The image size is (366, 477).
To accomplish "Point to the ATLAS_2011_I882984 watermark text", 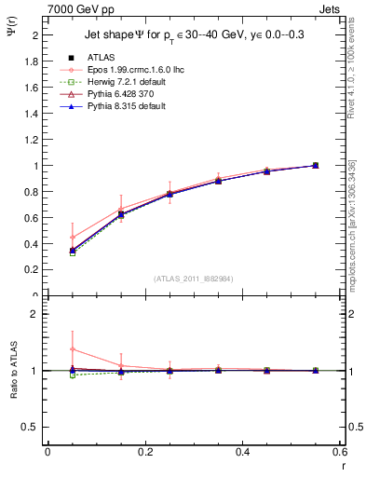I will pos(194,279).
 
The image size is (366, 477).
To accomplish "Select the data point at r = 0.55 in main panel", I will pos(315,165).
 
